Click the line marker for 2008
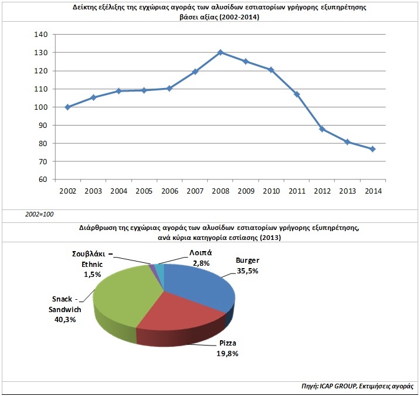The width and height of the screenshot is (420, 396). click(x=221, y=52)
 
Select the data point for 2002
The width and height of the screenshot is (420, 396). click(x=68, y=107)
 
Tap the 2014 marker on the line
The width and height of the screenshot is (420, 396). click(x=372, y=149)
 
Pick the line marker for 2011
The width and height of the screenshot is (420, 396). click(x=297, y=94)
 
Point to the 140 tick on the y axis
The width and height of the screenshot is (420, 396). click(x=41, y=34)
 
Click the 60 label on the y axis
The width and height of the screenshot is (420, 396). click(x=43, y=180)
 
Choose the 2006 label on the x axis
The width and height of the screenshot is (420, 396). click(x=170, y=191)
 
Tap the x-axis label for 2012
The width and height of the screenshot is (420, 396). click(x=322, y=191)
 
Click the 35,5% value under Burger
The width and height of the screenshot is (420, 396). click(x=248, y=271)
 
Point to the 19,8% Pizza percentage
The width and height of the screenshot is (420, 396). click(x=228, y=354)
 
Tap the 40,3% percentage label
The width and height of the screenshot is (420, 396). click(x=65, y=319)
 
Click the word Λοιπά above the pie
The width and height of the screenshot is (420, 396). click(x=201, y=253)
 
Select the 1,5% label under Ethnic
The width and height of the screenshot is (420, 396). click(x=93, y=275)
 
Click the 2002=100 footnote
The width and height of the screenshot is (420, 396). click(x=39, y=214)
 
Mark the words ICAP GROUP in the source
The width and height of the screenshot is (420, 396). click(x=338, y=386)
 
